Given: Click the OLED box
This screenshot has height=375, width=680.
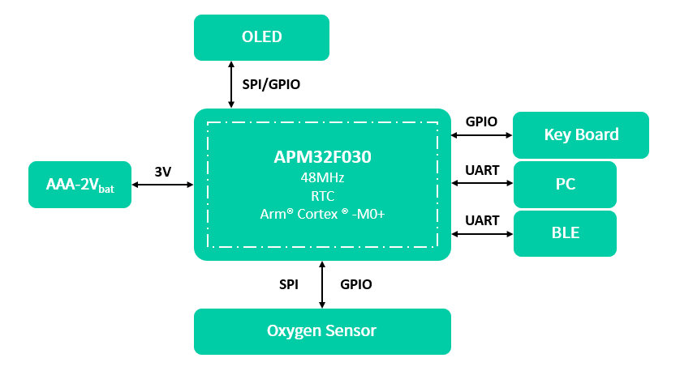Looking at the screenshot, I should point(261,37).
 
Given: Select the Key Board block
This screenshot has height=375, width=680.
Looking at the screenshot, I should point(581,134).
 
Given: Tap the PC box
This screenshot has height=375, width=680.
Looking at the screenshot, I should point(566,184).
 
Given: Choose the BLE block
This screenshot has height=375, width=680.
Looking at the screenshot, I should point(566,233).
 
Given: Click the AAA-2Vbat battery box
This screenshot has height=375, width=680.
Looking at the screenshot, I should point(80,185).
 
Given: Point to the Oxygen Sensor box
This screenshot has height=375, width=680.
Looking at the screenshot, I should point(321,330).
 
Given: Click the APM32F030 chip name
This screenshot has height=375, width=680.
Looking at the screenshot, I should point(322,157).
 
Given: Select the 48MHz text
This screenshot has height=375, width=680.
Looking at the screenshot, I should point(322,177).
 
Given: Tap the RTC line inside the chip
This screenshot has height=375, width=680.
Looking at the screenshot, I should point(322,195).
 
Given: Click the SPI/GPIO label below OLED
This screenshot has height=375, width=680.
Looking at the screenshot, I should point(271,83).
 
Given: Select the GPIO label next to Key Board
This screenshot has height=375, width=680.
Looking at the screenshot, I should point(481,121).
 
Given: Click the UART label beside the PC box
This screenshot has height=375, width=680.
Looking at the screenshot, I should point(482,170).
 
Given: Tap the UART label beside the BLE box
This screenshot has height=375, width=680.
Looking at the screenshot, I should point(482,220).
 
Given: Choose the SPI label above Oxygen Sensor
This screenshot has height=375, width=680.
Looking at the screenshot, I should point(289,284).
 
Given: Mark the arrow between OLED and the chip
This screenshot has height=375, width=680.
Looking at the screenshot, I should point(232,84).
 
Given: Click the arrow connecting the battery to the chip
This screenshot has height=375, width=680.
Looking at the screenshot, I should point(162,185).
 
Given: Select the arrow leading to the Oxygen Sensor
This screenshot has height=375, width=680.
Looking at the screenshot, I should point(322,284).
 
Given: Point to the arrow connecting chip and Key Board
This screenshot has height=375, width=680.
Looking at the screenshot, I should point(482,134).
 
